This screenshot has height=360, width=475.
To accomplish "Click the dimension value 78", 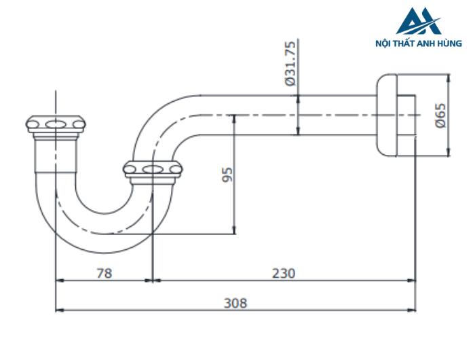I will click(103, 273).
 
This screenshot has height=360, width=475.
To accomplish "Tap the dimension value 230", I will click(284, 273).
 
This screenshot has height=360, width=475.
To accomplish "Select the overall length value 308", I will click(235, 303).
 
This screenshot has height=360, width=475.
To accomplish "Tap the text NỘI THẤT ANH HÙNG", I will click(418, 43).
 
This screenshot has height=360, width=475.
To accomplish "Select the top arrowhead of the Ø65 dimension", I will click(446, 77).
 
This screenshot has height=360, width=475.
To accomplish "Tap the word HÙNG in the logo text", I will click(451, 43).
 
